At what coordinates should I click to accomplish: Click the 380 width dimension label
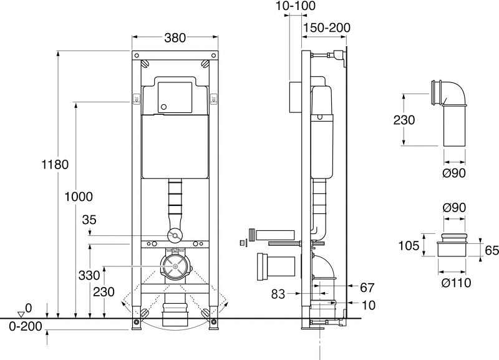tap(175, 38)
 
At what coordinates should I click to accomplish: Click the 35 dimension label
tap(90, 219)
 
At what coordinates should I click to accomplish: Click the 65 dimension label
tap(491, 250)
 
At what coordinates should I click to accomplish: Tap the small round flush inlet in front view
tap(175, 236)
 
